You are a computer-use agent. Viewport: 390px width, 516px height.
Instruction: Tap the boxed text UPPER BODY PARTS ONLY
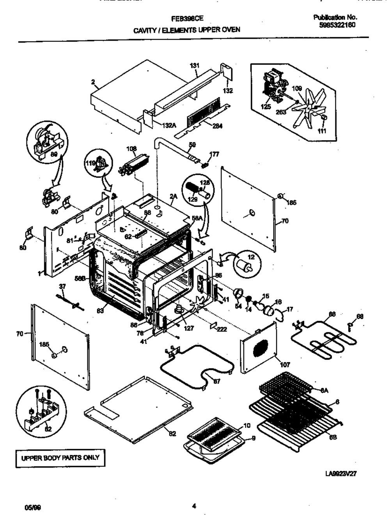pos(60,458)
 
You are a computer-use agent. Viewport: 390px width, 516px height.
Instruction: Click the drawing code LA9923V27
pos(341,473)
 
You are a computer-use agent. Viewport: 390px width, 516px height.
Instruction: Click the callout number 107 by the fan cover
pos(285,365)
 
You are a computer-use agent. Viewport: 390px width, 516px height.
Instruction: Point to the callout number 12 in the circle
pos(250,257)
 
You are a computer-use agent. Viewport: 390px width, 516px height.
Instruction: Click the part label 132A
pos(169,125)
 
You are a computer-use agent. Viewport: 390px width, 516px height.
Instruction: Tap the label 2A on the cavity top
pos(173,197)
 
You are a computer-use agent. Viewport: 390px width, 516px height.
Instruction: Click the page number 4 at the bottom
pos(194,506)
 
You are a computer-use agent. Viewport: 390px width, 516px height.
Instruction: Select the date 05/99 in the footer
pos(33,508)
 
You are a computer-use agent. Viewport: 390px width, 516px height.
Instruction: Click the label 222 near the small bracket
pos(222,329)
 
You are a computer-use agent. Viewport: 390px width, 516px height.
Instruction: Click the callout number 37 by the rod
pos(62,286)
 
